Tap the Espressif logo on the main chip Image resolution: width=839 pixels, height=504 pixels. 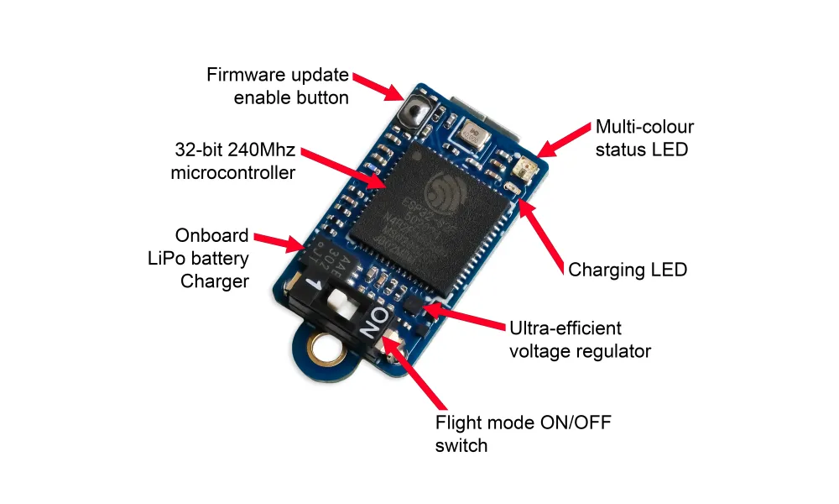(x=444, y=189)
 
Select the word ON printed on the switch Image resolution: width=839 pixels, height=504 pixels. (x=378, y=322)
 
